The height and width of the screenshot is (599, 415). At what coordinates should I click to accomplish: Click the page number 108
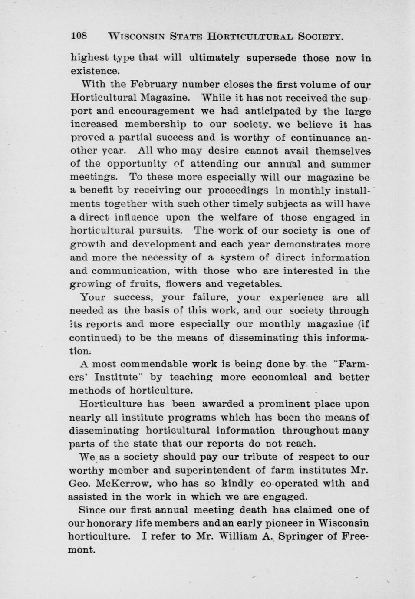(79, 36)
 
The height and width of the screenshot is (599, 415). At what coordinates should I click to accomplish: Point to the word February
(155, 84)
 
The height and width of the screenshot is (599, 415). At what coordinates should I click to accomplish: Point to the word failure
(207, 297)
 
